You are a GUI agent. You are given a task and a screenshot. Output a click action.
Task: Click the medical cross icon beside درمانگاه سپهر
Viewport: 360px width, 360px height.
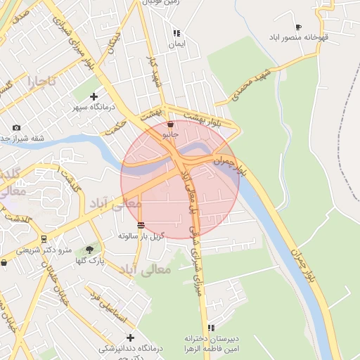[x=94, y=96]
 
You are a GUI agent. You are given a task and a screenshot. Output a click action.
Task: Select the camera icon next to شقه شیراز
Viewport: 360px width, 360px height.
[x=16, y=127]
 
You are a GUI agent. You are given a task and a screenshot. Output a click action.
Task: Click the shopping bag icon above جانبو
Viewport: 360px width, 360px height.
[x=171, y=124]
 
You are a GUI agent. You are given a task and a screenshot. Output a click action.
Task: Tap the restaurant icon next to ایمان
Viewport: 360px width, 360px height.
[x=177, y=32]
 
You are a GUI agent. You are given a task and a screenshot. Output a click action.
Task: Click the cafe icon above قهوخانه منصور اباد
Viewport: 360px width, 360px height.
[x=299, y=26]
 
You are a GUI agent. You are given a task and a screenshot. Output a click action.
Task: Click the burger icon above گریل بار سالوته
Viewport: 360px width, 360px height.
[x=142, y=225]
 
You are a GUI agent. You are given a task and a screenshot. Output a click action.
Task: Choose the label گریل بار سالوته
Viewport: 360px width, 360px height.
[x=141, y=236]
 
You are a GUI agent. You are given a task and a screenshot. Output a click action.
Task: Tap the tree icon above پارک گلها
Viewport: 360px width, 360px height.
[x=89, y=249]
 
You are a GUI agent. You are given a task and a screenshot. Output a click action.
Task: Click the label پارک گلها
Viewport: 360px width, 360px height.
[x=90, y=261]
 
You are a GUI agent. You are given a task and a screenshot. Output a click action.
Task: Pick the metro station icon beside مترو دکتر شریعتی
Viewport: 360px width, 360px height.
[x=44, y=239]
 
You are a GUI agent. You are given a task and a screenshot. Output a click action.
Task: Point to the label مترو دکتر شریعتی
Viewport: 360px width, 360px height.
[x=44, y=250]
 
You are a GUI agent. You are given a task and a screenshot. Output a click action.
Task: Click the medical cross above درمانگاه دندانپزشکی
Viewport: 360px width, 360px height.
[x=130, y=337]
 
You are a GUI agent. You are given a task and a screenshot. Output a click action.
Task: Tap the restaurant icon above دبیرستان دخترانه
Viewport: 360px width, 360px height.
[x=211, y=328]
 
